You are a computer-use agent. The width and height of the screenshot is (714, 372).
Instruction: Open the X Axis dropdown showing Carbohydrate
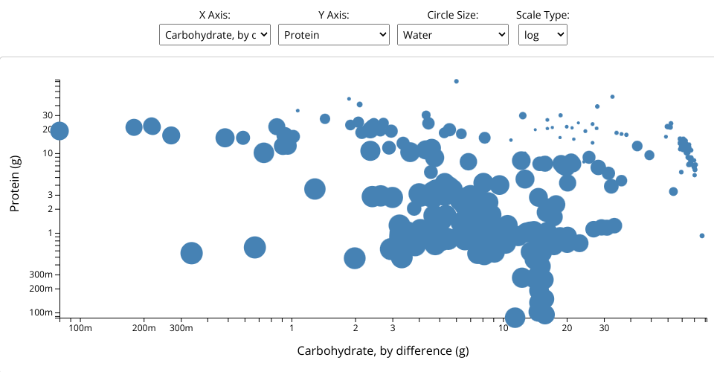pyautogui.click(x=215, y=34)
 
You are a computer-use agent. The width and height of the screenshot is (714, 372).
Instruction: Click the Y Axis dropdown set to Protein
pyautogui.click(x=333, y=34)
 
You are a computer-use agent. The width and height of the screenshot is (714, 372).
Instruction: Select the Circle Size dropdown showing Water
pyautogui.click(x=452, y=34)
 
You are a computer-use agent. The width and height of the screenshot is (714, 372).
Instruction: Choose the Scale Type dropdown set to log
pyautogui.click(x=542, y=34)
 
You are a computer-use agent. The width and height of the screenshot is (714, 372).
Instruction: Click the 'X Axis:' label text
pyautogui.click(x=215, y=15)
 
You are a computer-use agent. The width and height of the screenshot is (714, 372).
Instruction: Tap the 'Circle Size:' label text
pyautogui.click(x=452, y=15)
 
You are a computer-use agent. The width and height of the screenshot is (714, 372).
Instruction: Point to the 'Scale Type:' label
pyautogui.click(x=542, y=15)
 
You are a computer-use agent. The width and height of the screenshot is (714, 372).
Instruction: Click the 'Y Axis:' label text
pyautogui.click(x=333, y=15)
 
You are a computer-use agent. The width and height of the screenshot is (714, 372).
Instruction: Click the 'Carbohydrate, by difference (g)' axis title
pyautogui.click(x=383, y=350)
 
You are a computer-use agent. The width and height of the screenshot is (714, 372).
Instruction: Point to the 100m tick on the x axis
pyautogui.click(x=80, y=328)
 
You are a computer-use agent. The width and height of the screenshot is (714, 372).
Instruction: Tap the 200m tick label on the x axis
pyautogui.click(x=144, y=328)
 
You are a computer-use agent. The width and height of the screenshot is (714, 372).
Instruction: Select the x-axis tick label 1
pyautogui.click(x=292, y=328)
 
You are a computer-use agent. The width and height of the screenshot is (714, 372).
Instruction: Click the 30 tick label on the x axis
pyautogui.click(x=604, y=328)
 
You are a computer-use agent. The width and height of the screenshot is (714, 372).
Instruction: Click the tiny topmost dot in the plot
pyautogui.click(x=457, y=81)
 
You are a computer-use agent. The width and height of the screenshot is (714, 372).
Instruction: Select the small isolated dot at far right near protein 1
pyautogui.click(x=702, y=236)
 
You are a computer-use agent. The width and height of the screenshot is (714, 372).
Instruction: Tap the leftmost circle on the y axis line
pyautogui.click(x=59, y=131)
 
